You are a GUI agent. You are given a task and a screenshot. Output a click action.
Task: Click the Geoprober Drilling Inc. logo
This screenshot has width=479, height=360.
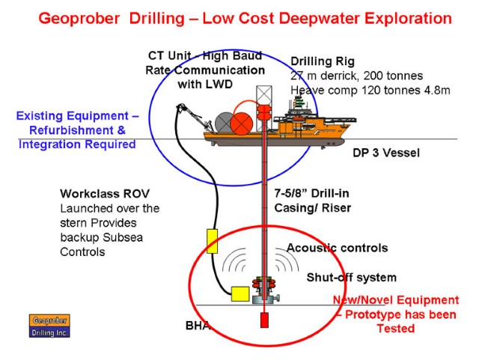point(49,326)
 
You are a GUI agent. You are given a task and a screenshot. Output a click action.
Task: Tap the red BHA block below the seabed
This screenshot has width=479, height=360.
point(264,320)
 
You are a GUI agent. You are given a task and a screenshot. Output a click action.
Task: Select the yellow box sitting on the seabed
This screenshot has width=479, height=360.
point(240,294)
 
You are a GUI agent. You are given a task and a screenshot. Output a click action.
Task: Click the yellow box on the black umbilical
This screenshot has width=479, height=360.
point(212,241)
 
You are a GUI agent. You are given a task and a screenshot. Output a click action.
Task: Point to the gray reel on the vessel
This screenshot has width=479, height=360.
point(225,123)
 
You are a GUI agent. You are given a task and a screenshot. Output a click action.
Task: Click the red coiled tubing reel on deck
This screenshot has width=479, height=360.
point(241,123)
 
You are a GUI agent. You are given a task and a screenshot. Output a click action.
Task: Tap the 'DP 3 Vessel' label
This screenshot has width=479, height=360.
point(386,153)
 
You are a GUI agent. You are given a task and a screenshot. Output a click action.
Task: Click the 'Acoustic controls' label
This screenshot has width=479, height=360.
point(338,248)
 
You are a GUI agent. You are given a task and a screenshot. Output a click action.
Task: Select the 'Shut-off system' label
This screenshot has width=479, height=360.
point(352,277)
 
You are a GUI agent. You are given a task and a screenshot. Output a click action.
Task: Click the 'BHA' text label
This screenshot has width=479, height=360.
point(198,326)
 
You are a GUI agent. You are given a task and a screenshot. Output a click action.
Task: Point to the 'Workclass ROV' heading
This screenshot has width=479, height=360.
point(105,193)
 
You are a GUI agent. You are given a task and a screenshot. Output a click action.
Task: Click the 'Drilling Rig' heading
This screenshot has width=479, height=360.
point(323,61)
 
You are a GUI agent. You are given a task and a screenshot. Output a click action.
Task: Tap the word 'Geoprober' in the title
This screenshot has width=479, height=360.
point(79,18)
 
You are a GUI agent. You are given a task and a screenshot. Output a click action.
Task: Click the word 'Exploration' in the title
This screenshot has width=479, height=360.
point(408,18)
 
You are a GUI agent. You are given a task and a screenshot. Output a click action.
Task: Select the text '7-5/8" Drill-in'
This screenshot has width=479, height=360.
point(311,193)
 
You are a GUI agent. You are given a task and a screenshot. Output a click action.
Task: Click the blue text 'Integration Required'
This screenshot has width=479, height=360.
point(77,144)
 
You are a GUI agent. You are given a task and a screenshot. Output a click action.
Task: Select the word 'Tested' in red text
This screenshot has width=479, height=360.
point(396,329)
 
